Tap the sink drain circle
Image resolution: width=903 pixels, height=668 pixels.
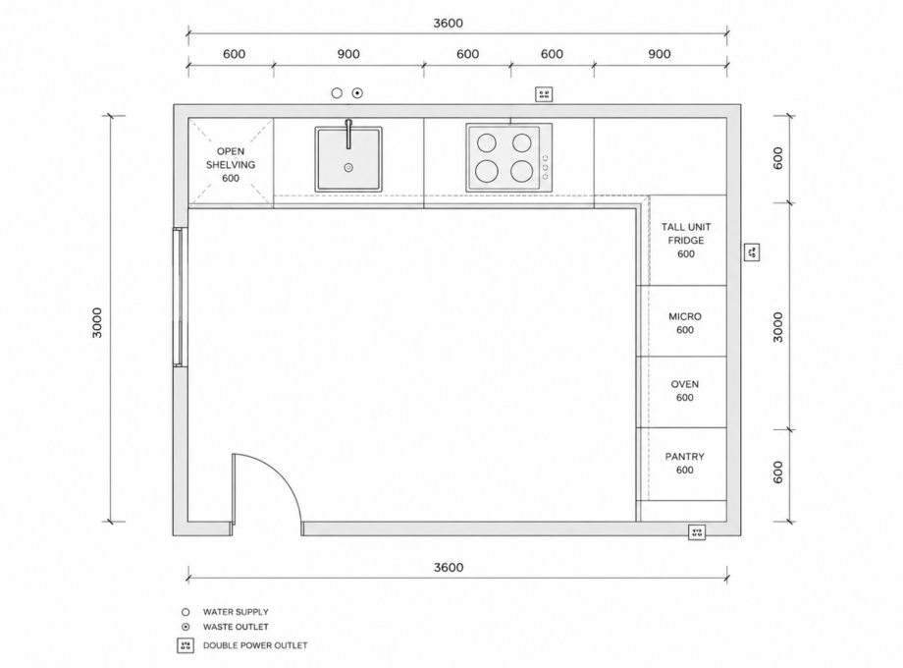pos(348,168)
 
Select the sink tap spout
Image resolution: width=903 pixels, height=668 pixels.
pos(348,134)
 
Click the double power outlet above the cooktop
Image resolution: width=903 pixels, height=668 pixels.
pos(544,94)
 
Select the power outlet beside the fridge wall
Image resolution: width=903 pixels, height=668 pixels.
pos(752,251)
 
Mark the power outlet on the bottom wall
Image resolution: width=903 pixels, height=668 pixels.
pos(697,532)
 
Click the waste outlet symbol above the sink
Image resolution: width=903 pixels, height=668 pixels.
pos(357,92)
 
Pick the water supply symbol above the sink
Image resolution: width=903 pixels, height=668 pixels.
pos(337,92)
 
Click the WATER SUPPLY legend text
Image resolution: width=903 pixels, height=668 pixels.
pos(236,612)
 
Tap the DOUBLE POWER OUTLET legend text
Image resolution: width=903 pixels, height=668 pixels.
pos(255,645)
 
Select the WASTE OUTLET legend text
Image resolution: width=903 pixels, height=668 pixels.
pos(236,627)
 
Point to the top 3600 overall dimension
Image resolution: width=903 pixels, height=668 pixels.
pos(448,23)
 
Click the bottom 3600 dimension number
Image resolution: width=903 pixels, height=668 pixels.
pos(449,567)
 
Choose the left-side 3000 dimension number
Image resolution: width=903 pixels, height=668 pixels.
pos(97,323)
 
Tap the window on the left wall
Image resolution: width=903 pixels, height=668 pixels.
pos(181,297)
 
